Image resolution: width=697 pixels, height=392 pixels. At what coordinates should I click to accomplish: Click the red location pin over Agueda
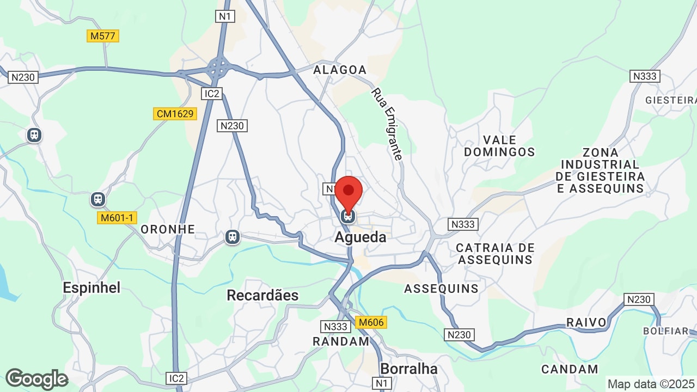click(348, 192)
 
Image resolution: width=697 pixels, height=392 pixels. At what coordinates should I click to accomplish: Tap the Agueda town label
click(360, 237)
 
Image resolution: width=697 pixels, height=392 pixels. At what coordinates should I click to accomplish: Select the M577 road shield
click(103, 36)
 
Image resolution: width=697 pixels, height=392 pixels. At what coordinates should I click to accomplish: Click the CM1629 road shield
click(175, 114)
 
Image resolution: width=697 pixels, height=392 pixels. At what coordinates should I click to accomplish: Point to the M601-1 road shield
click(117, 218)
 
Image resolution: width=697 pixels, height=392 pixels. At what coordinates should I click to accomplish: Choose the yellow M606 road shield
click(371, 322)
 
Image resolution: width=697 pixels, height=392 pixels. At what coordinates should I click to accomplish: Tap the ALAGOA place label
click(340, 70)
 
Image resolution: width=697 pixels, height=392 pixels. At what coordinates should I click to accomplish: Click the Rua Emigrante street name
click(387, 125)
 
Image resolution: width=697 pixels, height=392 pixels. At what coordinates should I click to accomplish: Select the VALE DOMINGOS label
click(499, 146)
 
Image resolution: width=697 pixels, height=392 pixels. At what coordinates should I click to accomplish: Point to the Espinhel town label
click(91, 287)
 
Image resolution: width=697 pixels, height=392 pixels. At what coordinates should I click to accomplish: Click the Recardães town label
click(262, 295)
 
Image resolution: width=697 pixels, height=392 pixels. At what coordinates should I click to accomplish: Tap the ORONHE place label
click(168, 229)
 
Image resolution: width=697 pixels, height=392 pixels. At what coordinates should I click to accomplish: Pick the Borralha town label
click(409, 369)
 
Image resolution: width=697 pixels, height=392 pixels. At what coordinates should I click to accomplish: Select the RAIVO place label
click(586, 322)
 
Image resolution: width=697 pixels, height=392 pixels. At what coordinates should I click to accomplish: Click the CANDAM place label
click(570, 369)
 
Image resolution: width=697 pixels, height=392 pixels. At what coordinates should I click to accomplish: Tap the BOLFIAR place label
click(666, 331)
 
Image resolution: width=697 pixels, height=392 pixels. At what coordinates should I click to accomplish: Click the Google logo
click(36, 379)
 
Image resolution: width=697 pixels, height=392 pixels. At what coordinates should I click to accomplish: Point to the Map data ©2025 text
click(651, 384)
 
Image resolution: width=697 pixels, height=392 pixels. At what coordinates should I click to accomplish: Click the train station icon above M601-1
click(98, 199)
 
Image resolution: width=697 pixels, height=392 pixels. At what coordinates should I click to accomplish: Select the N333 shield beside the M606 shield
click(335, 327)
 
